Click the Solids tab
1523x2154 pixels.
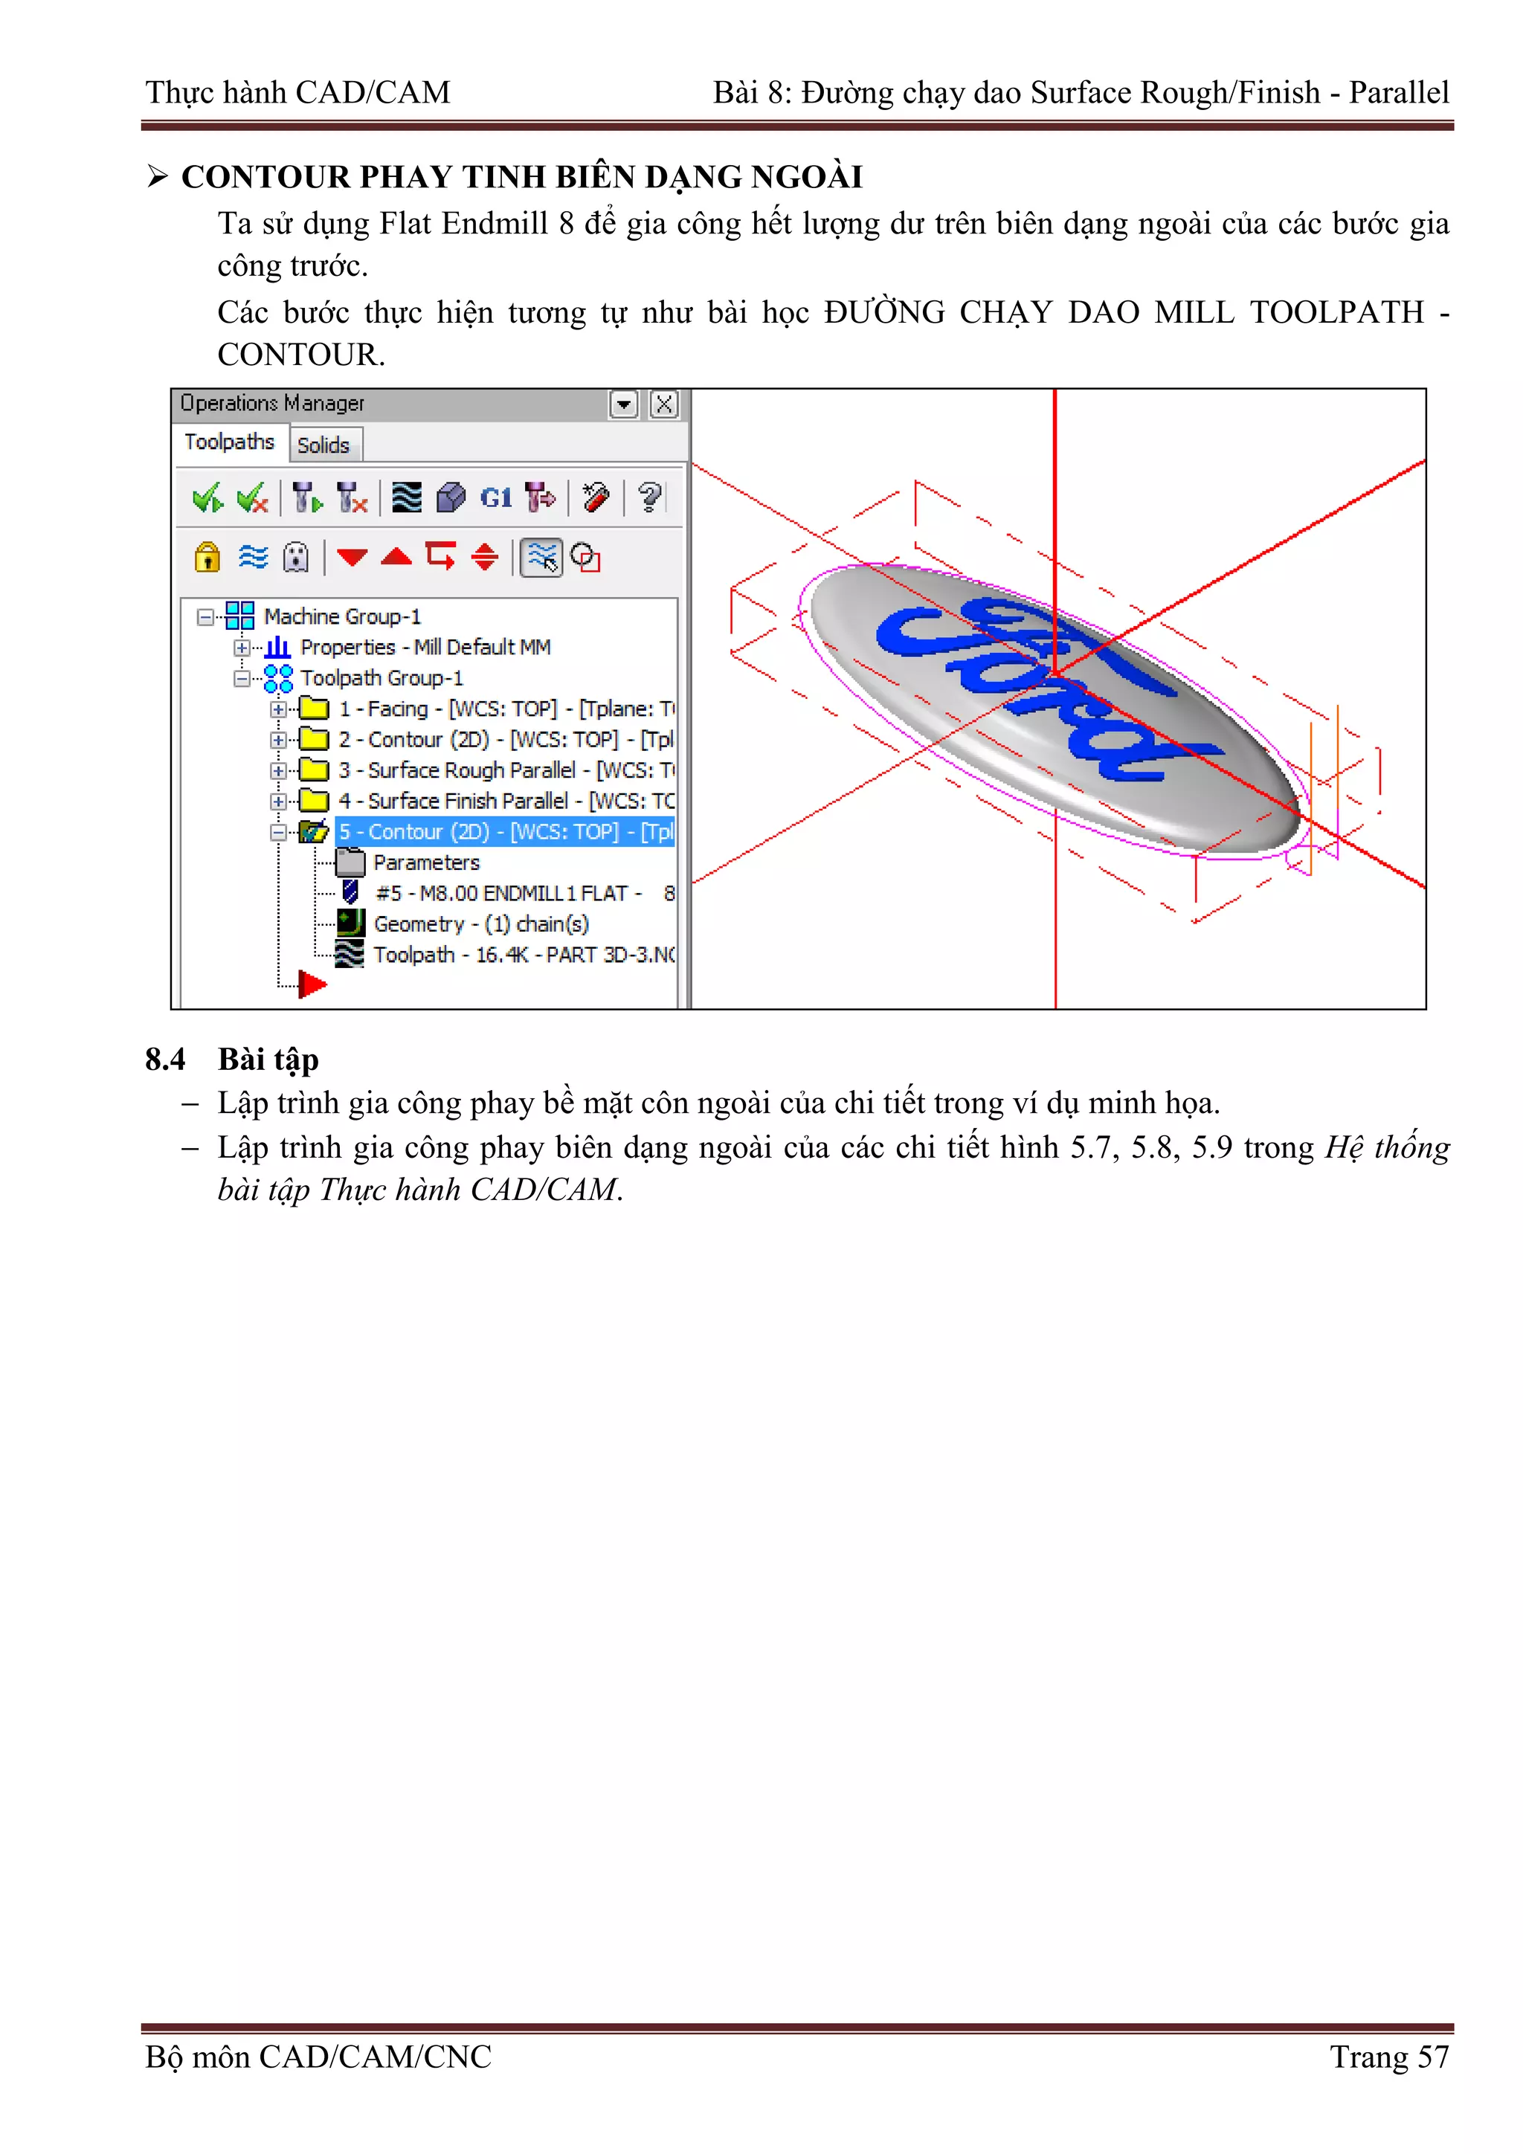[x=323, y=445]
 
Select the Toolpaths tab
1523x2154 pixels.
[x=229, y=442]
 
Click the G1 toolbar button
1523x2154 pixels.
[x=495, y=498]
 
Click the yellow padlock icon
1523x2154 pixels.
[x=207, y=557]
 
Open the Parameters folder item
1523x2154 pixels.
[x=426, y=862]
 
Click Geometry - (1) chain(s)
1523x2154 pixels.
[x=480, y=924]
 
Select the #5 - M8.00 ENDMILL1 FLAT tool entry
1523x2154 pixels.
[x=506, y=893]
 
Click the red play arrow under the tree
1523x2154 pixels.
[x=312, y=983]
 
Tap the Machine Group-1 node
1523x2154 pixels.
[x=341, y=616]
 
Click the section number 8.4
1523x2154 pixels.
[x=165, y=1060]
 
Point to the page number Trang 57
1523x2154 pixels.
[x=1389, y=2057]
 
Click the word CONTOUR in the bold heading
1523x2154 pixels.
[x=265, y=176]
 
